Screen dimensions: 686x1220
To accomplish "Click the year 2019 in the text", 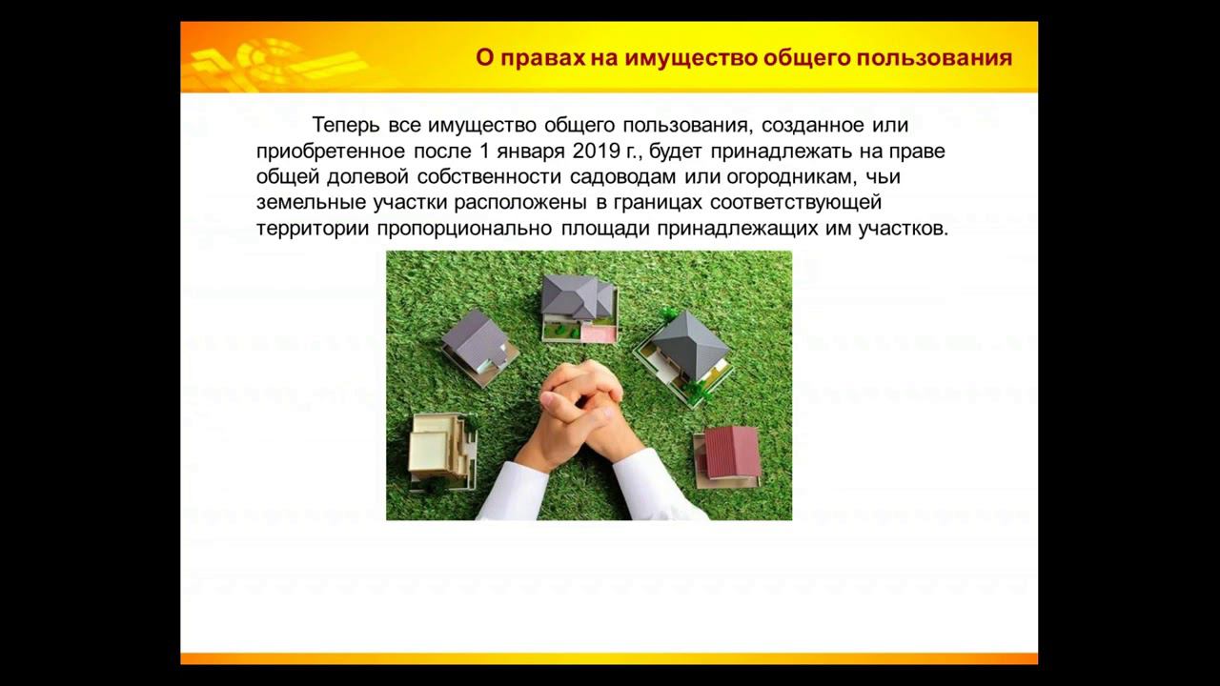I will (x=596, y=151).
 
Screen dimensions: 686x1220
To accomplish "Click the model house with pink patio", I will (x=579, y=307).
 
